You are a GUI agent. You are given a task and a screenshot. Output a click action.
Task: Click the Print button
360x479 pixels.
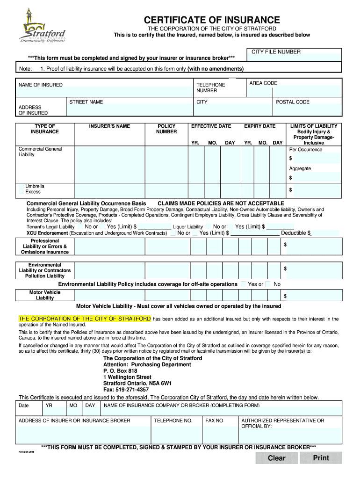pyautogui.click(x=321, y=458)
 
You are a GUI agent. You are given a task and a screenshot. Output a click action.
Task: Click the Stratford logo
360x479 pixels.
pyautogui.click(x=42, y=26)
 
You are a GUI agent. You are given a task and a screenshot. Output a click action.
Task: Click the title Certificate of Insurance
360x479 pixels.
pyautogui.click(x=212, y=20)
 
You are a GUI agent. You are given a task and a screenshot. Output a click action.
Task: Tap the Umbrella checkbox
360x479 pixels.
pyautogui.click(x=21, y=186)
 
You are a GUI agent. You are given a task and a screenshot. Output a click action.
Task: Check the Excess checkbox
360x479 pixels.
pyautogui.click(x=21, y=192)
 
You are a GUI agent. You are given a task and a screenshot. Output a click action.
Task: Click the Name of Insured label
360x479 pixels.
pyautogui.click(x=41, y=85)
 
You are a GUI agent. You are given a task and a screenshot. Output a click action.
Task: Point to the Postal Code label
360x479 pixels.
pyautogui.click(x=293, y=102)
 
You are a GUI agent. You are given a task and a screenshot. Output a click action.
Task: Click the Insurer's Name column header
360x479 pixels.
pyautogui.click(x=109, y=126)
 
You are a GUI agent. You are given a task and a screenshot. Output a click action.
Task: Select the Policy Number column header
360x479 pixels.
pyautogui.click(x=166, y=129)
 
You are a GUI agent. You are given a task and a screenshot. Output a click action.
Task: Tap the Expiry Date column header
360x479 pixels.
pyautogui.click(x=259, y=126)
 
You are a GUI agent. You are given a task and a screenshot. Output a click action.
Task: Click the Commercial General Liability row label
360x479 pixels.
pyautogui.click(x=40, y=152)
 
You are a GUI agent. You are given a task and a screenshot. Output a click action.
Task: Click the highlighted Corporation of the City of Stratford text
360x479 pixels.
pyautogui.click(x=85, y=319)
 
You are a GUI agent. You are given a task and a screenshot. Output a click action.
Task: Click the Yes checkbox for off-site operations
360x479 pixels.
pyautogui.click(x=243, y=284)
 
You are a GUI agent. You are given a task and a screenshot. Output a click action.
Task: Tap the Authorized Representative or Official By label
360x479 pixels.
pyautogui.click(x=282, y=423)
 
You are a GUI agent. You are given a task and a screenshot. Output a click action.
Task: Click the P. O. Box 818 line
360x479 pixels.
pyautogui.click(x=120, y=371)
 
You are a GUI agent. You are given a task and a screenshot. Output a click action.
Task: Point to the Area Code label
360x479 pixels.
pyautogui.click(x=263, y=83)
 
